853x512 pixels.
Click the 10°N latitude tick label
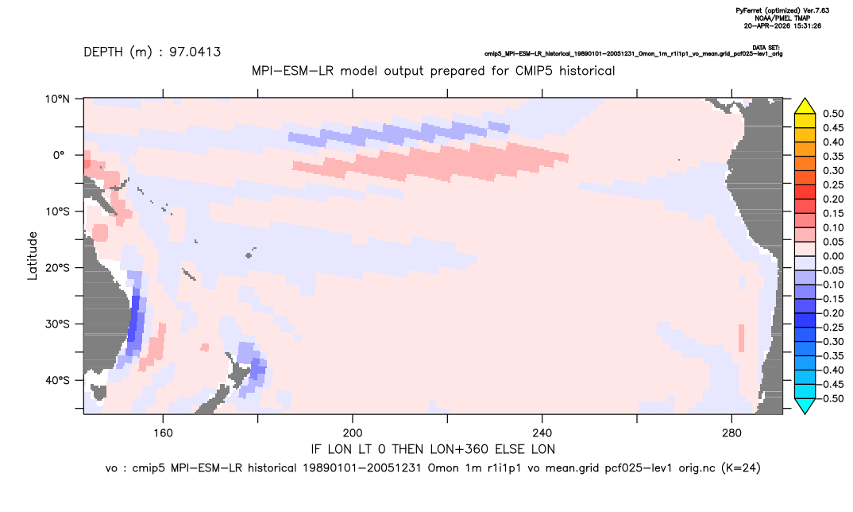[57, 99]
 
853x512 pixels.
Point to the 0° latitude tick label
[59, 155]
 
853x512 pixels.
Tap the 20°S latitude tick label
[57, 268]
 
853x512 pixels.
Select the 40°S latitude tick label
[57, 380]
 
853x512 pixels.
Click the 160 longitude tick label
[163, 433]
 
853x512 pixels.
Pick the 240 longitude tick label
[542, 433]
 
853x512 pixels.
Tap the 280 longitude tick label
[731, 433]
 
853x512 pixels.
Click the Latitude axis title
[32, 256]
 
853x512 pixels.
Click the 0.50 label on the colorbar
[833, 114]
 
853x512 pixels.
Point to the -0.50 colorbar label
[832, 398]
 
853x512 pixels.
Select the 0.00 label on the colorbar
[833, 256]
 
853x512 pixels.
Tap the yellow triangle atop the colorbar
[805, 107]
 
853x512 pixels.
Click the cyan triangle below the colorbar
[805, 405]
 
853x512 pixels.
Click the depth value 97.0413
[195, 52]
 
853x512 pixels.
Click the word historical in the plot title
[588, 71]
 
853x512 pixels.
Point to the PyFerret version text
[782, 11]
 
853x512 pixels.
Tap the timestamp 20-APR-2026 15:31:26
[782, 25]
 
